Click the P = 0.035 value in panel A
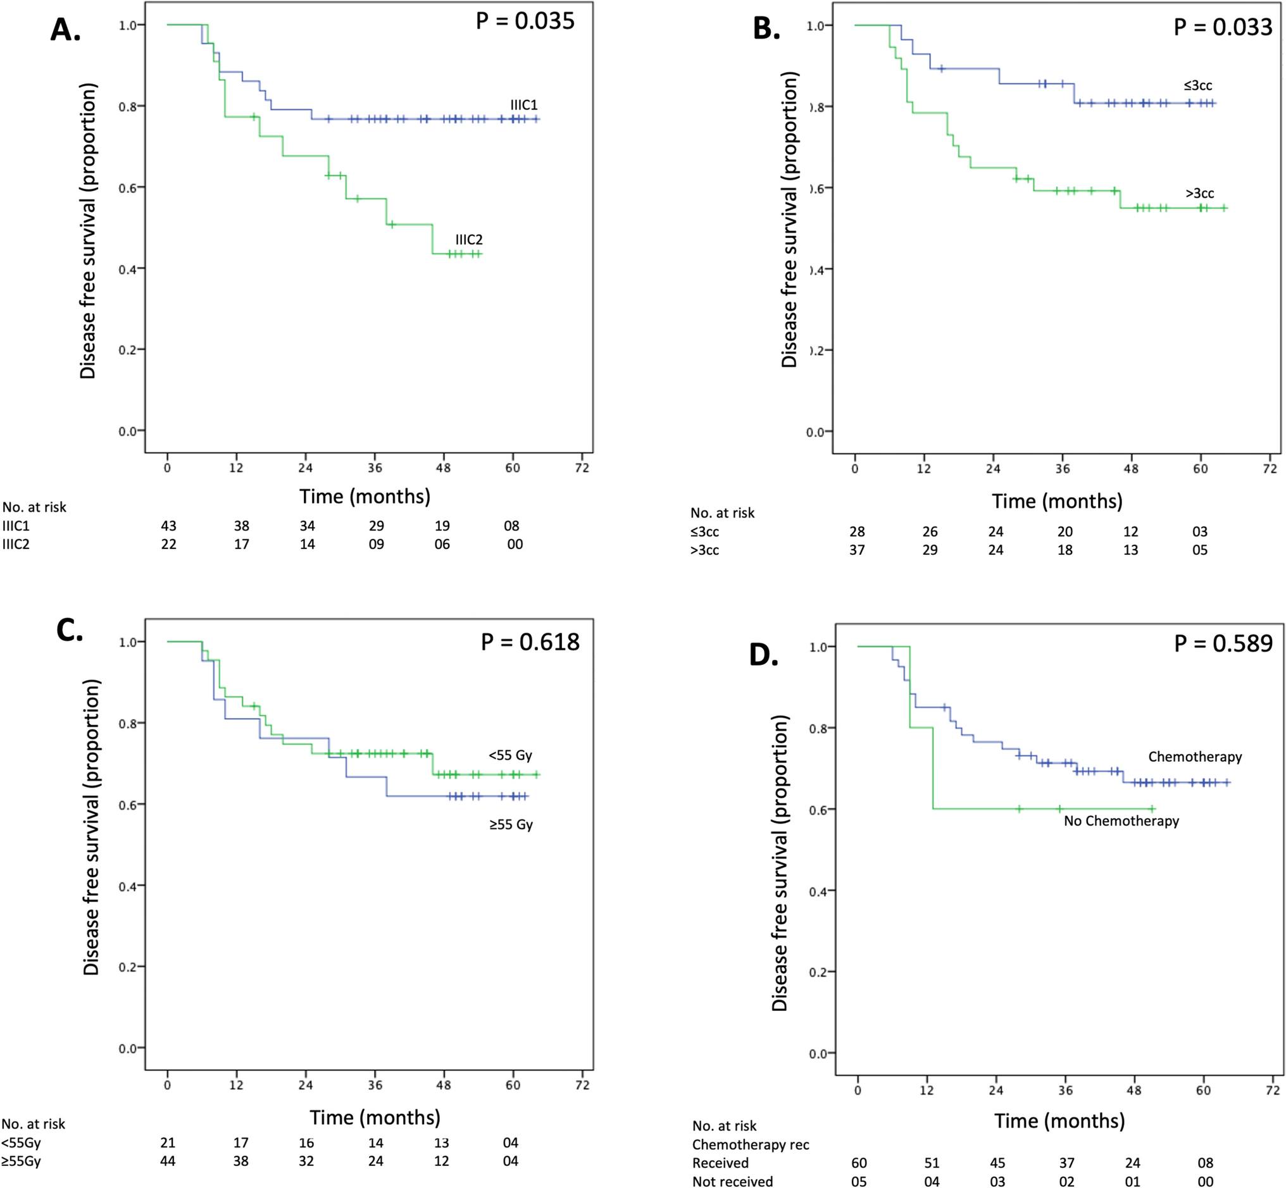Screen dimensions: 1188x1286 [525, 22]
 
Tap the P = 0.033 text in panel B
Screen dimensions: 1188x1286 [1222, 27]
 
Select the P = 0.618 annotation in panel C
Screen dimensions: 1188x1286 [530, 641]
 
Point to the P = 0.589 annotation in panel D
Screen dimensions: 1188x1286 [1223, 643]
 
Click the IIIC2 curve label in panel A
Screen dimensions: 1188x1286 [469, 240]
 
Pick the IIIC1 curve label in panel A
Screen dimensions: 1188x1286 [523, 105]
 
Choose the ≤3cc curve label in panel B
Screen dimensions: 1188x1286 [1198, 85]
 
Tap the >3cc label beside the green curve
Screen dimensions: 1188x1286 [1200, 194]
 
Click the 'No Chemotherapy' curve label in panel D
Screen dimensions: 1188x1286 [1121, 821]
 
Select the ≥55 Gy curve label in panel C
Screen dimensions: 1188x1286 [511, 825]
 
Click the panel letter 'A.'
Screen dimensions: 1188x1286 [66, 30]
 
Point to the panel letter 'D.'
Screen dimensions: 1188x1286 [764, 655]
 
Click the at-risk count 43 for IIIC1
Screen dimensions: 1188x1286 [168, 526]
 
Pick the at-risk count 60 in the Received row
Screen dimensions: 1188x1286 [859, 1163]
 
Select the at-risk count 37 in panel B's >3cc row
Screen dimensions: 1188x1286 [857, 550]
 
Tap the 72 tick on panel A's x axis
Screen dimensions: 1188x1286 [582, 468]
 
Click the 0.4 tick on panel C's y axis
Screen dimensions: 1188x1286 [127, 887]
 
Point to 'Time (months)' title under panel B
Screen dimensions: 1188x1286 [1057, 502]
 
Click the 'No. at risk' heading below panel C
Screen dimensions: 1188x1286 [34, 1124]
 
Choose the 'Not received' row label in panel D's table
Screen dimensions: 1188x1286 [732, 1182]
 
